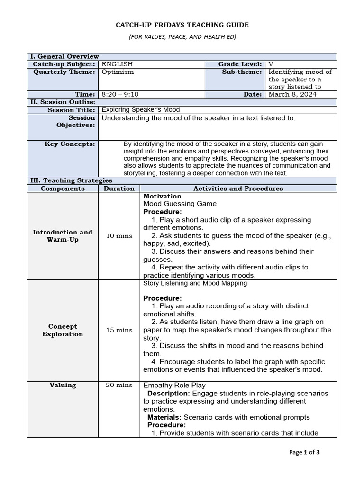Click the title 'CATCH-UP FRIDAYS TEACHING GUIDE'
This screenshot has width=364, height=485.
click(x=182, y=25)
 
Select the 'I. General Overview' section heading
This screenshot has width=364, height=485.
click(x=64, y=56)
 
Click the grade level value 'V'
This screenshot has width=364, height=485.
click(x=271, y=64)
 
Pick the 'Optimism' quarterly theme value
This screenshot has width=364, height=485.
click(x=118, y=72)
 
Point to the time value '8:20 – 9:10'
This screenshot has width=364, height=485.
click(x=120, y=94)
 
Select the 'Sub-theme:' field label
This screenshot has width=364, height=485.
click(x=242, y=72)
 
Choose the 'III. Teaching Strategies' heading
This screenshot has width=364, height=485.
click(x=71, y=180)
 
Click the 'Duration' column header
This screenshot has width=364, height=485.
click(x=119, y=189)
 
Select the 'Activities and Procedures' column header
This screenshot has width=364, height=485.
click(x=238, y=189)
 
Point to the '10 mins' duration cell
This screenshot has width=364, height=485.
click(x=119, y=236)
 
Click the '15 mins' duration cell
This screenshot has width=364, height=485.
click(x=119, y=330)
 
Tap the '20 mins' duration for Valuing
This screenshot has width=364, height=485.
click(x=119, y=386)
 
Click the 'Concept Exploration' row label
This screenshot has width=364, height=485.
click(x=63, y=330)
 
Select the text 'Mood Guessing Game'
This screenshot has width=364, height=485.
click(x=180, y=204)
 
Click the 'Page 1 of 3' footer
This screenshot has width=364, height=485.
click(x=304, y=452)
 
